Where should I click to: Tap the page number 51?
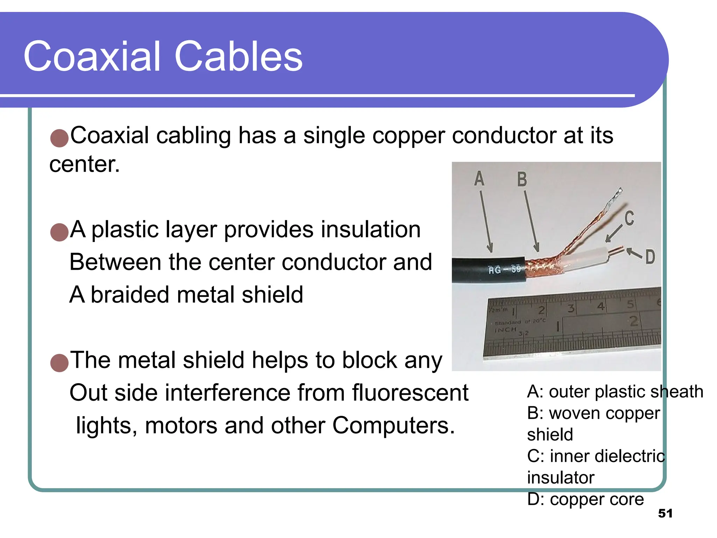665,513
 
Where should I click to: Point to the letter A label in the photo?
479,179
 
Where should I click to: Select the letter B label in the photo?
522,179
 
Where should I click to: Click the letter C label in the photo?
629,218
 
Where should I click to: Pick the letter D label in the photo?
650,257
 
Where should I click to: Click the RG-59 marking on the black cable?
504,270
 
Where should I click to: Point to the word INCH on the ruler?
505,330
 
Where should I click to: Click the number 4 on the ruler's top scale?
601,306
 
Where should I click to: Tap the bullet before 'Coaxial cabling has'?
59,138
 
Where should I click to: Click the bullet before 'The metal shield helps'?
59,363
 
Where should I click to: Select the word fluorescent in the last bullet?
410,393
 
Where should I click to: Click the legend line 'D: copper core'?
585,499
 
